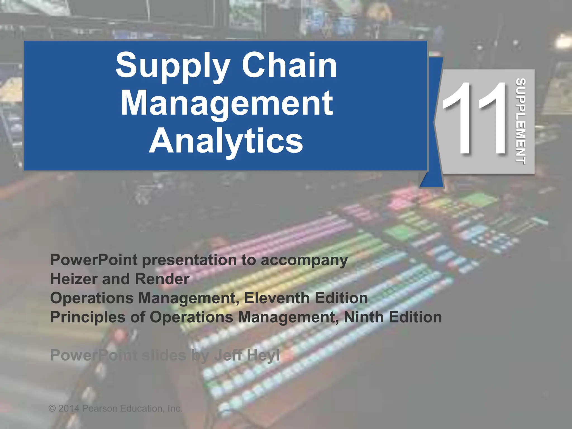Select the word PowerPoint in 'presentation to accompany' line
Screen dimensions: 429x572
pyautogui.click(x=94, y=260)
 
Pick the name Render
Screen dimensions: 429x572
pyautogui.click(x=162, y=279)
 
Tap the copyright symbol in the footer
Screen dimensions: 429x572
pyautogui.click(x=52, y=409)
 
